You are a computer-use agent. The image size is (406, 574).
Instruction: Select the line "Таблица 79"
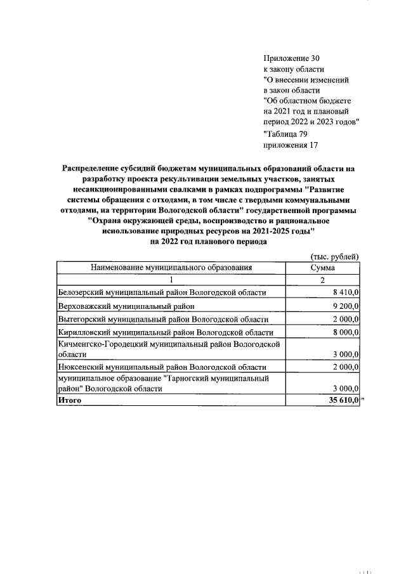point(285,133)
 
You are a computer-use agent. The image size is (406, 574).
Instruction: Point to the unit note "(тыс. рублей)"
point(334,256)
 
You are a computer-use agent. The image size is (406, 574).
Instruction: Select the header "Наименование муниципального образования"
point(171,268)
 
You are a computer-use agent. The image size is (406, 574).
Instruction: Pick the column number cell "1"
point(171,280)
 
